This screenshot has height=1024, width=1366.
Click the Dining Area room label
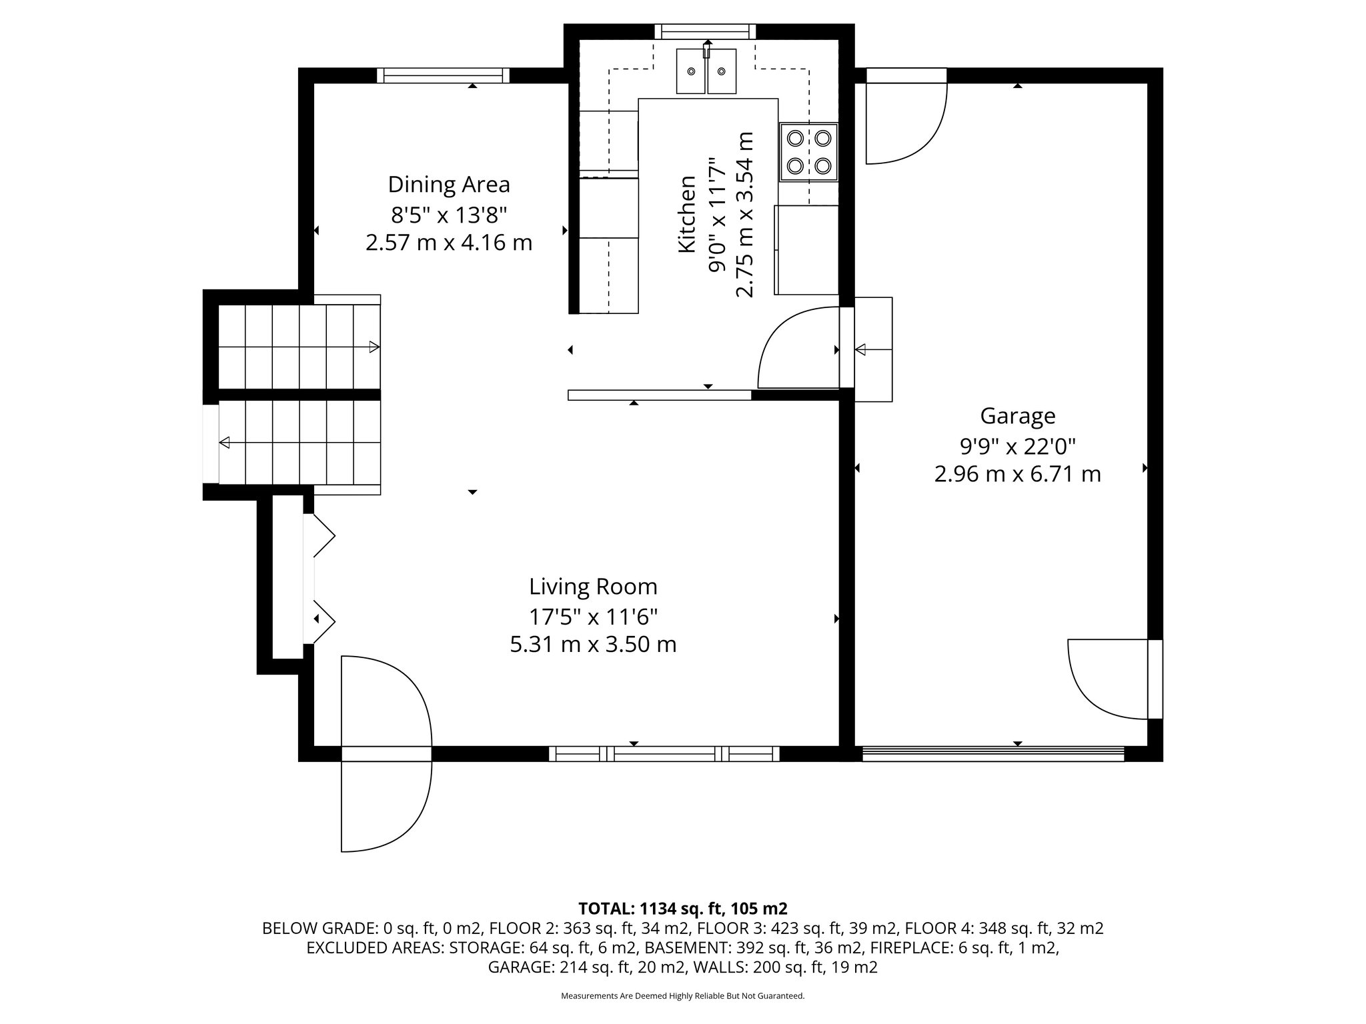click(x=449, y=184)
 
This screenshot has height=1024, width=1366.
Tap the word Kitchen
click(x=687, y=214)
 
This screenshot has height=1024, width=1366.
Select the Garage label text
click(x=1017, y=416)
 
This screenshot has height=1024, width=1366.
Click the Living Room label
click(x=593, y=587)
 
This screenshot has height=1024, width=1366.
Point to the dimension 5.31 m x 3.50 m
click(x=593, y=645)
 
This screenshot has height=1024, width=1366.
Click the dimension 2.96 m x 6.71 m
click(x=1017, y=474)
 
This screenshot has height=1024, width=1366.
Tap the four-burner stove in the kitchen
click(x=808, y=151)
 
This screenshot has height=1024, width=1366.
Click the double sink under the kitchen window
click(x=706, y=71)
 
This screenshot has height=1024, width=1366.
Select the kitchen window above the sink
click(x=705, y=31)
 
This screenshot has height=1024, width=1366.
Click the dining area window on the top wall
click(x=443, y=75)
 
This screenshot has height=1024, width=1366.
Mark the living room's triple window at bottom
click(x=664, y=754)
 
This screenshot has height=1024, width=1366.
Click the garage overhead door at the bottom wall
click(x=992, y=754)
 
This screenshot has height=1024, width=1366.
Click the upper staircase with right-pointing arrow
click(x=299, y=347)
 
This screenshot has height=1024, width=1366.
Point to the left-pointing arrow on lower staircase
click(x=225, y=442)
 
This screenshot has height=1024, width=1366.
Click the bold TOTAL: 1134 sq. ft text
click(x=682, y=909)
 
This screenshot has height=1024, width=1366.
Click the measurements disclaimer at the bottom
click(x=682, y=996)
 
